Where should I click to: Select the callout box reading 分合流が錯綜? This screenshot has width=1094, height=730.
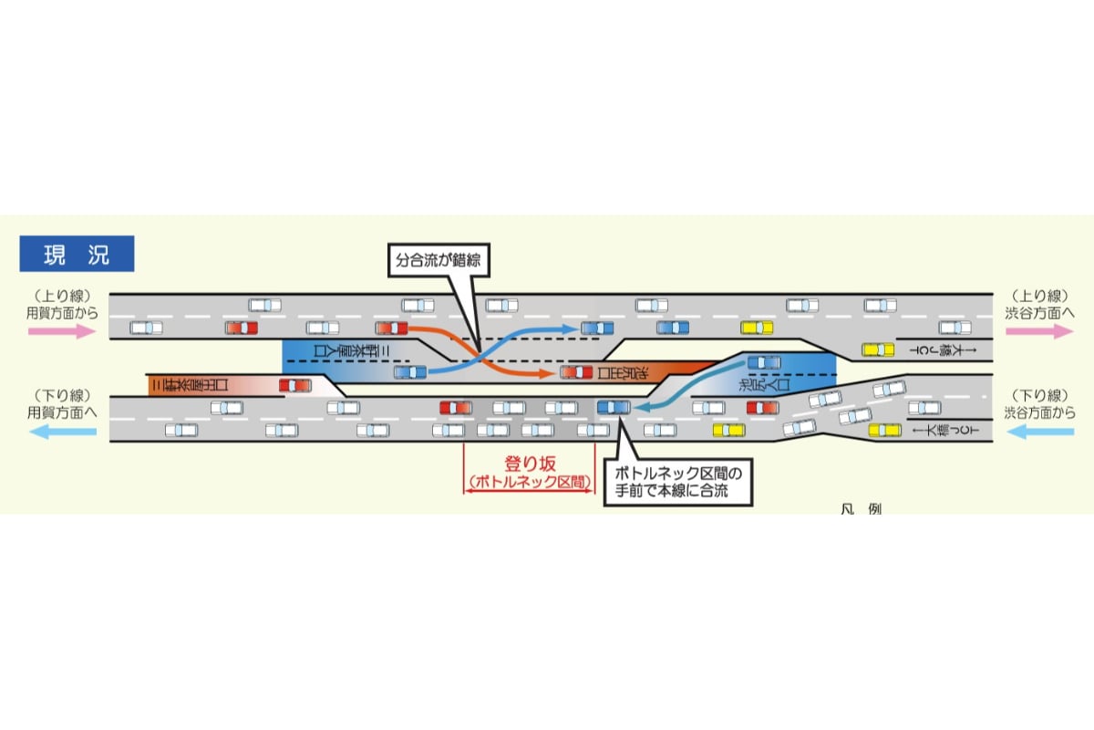pos(437,261)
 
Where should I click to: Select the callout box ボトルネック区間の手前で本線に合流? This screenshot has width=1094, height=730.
pos(680,483)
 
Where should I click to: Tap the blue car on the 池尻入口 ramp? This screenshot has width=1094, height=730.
pos(764,363)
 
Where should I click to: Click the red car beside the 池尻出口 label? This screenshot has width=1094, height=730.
pos(576,371)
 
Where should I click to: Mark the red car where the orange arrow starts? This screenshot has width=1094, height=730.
pos(391,328)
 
